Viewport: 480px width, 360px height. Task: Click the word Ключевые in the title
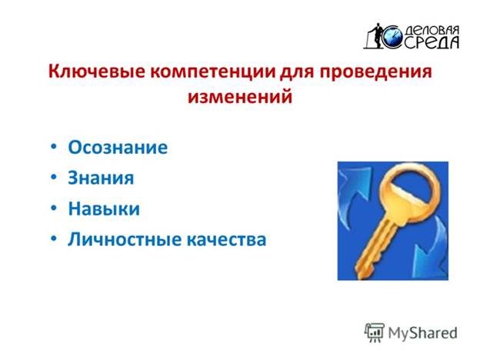tap(96, 72)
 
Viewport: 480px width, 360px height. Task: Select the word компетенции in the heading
tap(212, 72)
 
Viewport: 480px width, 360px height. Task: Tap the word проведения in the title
tap(376, 72)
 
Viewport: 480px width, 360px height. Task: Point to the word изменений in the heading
tap(240, 97)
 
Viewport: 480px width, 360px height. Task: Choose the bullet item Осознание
tap(118, 148)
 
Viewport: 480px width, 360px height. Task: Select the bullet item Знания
tap(101, 178)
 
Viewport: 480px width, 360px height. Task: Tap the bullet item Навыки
tap(104, 208)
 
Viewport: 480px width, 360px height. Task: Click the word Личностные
tap(124, 239)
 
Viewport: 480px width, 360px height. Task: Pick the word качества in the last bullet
tap(226, 240)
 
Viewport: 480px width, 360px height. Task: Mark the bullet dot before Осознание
tap(54, 146)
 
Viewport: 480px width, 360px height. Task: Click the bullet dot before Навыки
tap(54, 208)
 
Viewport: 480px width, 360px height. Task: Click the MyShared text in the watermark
tap(422, 333)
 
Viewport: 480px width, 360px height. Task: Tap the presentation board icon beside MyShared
tap(375, 332)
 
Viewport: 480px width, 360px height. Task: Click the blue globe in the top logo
tap(392, 36)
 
